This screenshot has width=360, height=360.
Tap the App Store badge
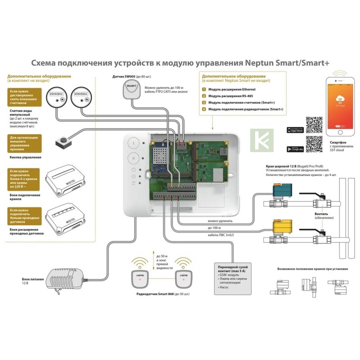point(295,130)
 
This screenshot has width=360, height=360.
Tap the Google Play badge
point(295,149)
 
